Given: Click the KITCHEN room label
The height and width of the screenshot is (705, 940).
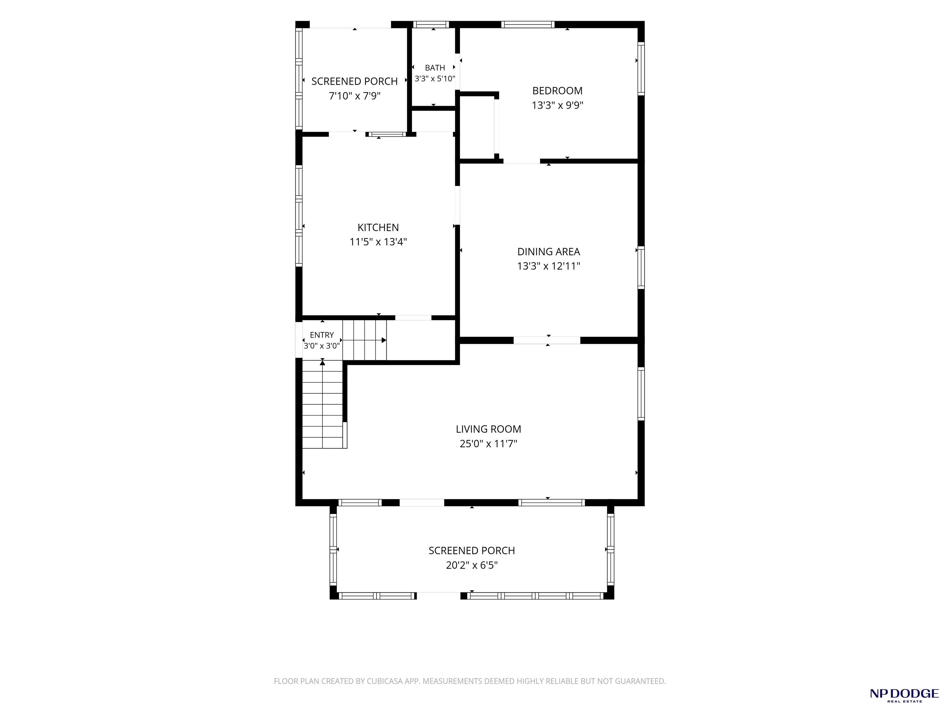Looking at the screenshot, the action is click(378, 227).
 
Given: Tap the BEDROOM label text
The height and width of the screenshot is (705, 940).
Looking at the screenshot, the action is click(557, 91).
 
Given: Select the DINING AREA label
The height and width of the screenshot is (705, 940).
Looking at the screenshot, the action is click(548, 252).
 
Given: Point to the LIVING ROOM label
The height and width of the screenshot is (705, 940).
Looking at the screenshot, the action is click(488, 429).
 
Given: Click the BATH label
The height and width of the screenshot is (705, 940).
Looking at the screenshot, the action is click(435, 68).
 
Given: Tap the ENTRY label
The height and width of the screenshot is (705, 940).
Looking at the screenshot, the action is click(322, 335).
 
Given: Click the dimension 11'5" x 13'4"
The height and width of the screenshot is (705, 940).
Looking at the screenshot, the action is click(378, 242).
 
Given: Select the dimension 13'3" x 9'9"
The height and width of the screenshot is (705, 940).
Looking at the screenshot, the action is click(557, 105).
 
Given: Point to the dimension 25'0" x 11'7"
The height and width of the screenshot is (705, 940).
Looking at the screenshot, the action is click(488, 444).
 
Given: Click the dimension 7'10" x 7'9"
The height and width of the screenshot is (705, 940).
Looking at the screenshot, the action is click(354, 95).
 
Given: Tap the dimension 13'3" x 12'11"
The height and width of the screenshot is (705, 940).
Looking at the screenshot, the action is click(548, 266).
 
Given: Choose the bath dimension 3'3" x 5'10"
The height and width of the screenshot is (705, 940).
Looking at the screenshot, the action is click(435, 79).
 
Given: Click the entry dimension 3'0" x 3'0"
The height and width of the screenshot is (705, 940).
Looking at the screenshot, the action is click(322, 346).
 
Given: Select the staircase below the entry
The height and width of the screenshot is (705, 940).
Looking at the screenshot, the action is click(323, 404).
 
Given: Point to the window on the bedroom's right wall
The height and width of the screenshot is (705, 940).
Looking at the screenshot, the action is click(641, 69).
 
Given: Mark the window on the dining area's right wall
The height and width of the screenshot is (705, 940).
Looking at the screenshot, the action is click(641, 268).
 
